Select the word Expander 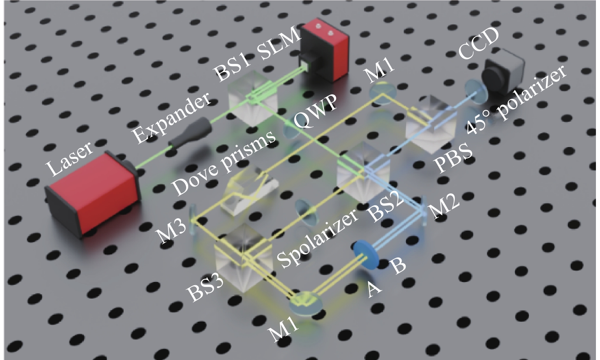[x=172, y=118]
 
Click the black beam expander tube [x=191, y=133]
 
